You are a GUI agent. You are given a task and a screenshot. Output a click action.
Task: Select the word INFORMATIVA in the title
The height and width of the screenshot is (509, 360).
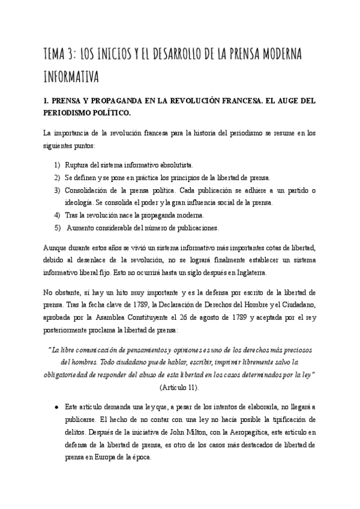pos(70,77)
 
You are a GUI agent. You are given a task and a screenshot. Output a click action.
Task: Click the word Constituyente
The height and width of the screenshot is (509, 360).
pos(172,317)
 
